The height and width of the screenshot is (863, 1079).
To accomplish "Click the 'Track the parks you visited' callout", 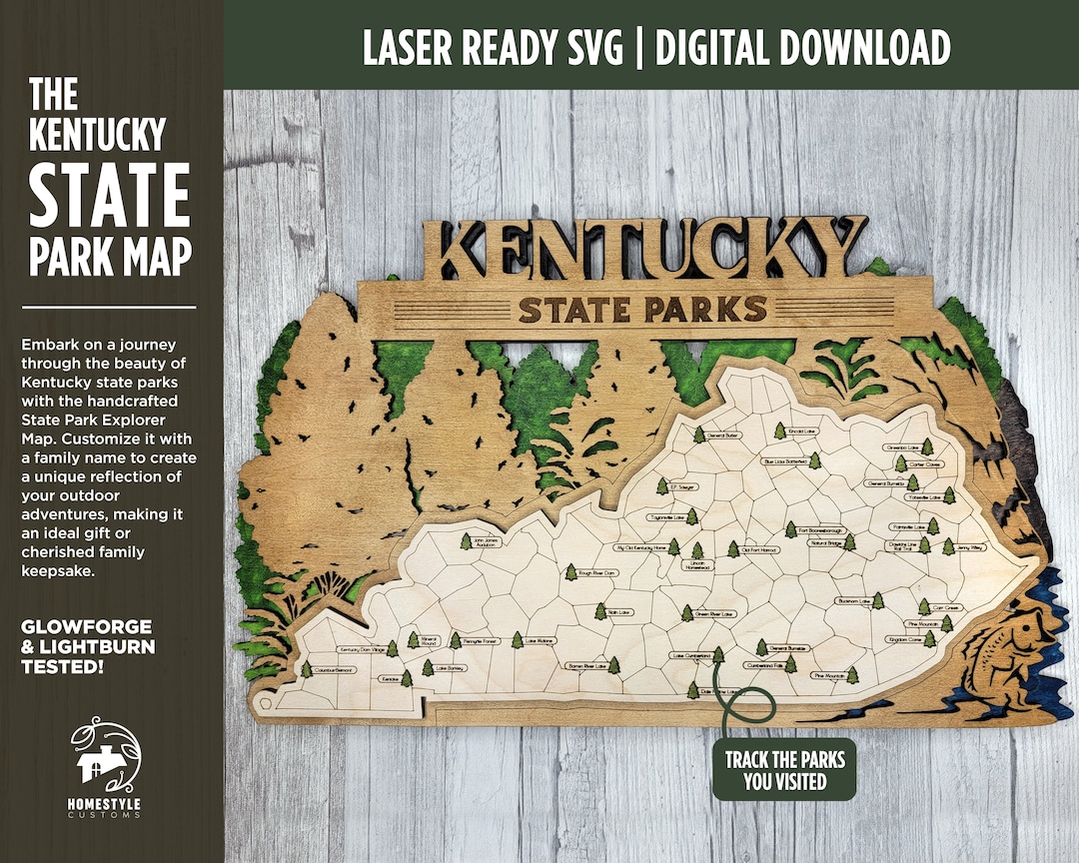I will tap(784, 770).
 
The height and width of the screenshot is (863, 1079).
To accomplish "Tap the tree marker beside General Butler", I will tap(698, 435).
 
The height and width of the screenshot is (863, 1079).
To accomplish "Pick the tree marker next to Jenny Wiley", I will tap(948, 546).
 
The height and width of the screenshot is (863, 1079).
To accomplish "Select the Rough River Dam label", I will tap(597, 573).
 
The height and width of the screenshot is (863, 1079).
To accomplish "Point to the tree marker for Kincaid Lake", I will tap(779, 431).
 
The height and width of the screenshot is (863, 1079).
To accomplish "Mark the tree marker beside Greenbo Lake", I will tap(927, 446).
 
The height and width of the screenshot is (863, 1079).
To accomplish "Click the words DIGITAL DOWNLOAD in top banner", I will tap(802, 46).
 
